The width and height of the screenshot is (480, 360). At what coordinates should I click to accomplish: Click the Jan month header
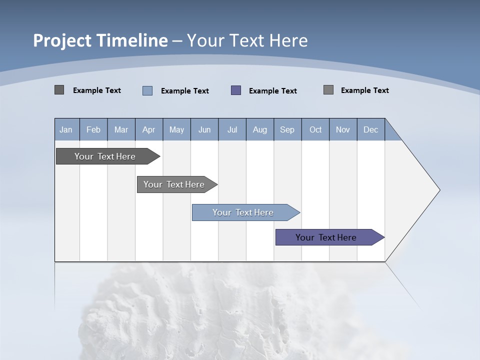coord(66,130)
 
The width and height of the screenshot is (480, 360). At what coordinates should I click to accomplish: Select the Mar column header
coord(121,130)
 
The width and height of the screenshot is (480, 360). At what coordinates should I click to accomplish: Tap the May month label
coord(176,130)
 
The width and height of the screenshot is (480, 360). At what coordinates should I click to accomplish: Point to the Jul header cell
coord(232,130)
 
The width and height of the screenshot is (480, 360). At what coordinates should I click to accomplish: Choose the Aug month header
coord(260,130)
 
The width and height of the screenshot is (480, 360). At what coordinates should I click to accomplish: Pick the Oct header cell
coord(315,130)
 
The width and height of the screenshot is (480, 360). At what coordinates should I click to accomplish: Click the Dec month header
coord(370,130)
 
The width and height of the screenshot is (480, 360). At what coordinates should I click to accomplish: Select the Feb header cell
coord(93,130)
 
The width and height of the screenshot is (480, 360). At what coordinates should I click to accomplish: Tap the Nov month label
coord(343,130)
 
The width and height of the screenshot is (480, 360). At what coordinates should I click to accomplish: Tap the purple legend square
coord(236,90)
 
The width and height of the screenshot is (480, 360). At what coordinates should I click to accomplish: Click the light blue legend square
coord(147,90)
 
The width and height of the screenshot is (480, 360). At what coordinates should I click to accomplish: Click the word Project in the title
coord(63,40)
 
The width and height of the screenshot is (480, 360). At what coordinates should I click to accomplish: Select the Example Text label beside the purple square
coord(272,91)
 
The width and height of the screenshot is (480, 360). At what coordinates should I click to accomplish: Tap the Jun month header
coord(204,130)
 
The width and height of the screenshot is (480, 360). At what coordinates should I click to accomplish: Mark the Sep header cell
coord(287,130)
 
